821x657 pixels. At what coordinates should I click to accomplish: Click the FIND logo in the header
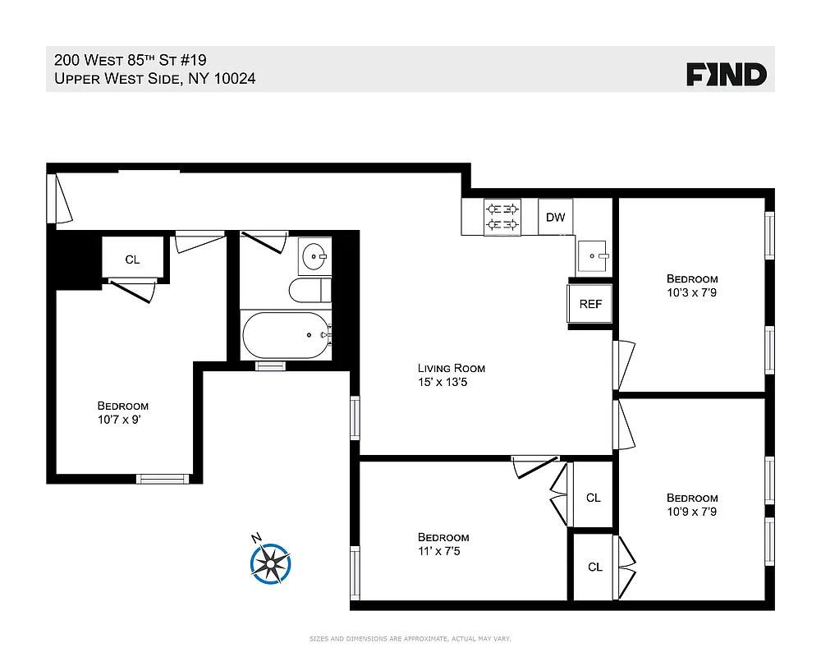(727, 75)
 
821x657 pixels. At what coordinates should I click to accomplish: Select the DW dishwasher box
(556, 218)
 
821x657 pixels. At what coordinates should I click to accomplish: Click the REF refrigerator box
(590, 304)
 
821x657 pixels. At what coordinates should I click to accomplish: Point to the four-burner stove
(503, 218)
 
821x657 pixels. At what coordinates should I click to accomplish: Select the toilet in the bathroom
(309, 290)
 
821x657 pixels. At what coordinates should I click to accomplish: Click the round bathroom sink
(313, 256)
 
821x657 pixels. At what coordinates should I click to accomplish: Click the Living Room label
(451, 369)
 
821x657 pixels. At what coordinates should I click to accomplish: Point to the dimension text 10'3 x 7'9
(692, 292)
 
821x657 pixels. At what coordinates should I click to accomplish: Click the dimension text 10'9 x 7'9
(692, 511)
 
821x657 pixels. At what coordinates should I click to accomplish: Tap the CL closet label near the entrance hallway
(132, 260)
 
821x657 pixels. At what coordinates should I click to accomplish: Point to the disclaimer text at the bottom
(409, 638)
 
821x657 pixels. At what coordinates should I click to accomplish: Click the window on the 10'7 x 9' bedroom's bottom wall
(162, 478)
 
